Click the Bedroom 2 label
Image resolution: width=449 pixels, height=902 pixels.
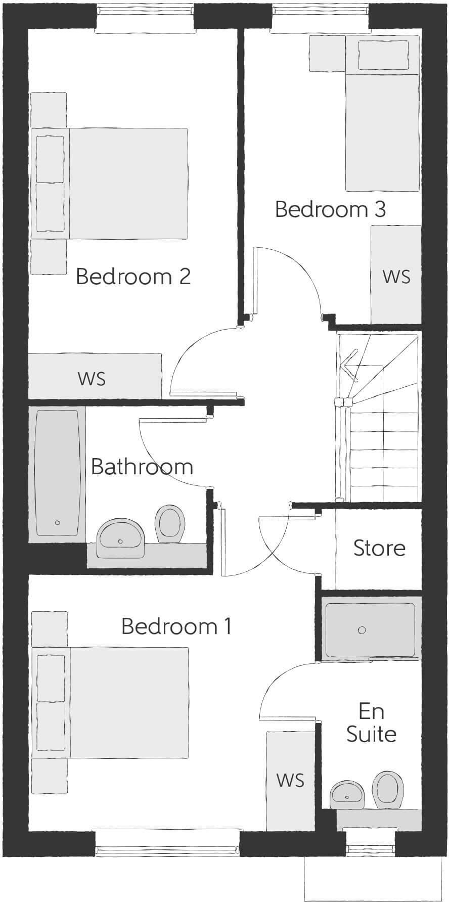pyautogui.click(x=133, y=277)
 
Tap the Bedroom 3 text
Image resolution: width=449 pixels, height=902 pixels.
pyautogui.click(x=330, y=209)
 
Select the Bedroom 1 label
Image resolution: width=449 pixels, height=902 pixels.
pyautogui.click(x=176, y=626)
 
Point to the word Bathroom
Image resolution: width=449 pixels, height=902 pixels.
pyautogui.click(x=142, y=467)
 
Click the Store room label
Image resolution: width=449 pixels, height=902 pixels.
pyautogui.click(x=379, y=548)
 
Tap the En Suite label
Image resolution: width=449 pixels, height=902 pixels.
pyautogui.click(x=371, y=723)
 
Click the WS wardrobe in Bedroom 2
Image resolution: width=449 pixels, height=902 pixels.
pyautogui.click(x=93, y=378)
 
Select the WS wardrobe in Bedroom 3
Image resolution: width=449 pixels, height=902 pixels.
pyautogui.click(x=396, y=276)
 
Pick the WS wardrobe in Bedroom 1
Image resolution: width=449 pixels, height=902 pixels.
pyautogui.click(x=290, y=780)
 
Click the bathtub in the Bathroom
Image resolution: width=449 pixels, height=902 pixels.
pyautogui.click(x=57, y=472)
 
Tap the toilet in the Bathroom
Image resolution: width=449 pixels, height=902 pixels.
pyautogui.click(x=169, y=524)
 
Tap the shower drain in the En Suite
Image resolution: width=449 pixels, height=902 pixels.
pyautogui.click(x=362, y=630)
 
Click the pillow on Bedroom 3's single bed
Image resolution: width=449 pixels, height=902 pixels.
pyautogui.click(x=383, y=55)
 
